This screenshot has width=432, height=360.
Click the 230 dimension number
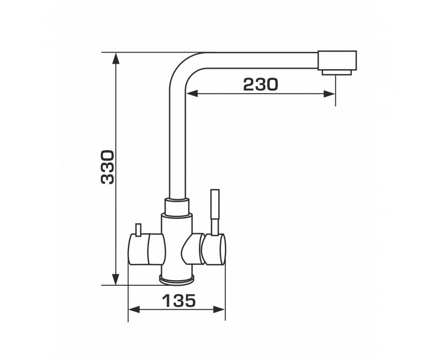click(x=261, y=84)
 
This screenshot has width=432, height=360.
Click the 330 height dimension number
click(x=107, y=167)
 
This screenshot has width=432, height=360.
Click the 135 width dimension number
click(x=179, y=301)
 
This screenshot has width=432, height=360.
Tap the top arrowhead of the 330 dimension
click(x=116, y=59)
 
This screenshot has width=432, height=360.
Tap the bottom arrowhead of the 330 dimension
click(x=116, y=279)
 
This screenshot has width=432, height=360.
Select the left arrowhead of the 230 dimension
click(x=192, y=94)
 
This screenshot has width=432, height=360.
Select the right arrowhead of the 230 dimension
click(x=329, y=94)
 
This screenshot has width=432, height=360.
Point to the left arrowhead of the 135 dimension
click(x=134, y=310)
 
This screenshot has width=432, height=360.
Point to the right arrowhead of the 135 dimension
click(x=219, y=310)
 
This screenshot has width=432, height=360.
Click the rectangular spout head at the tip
click(x=337, y=60)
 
